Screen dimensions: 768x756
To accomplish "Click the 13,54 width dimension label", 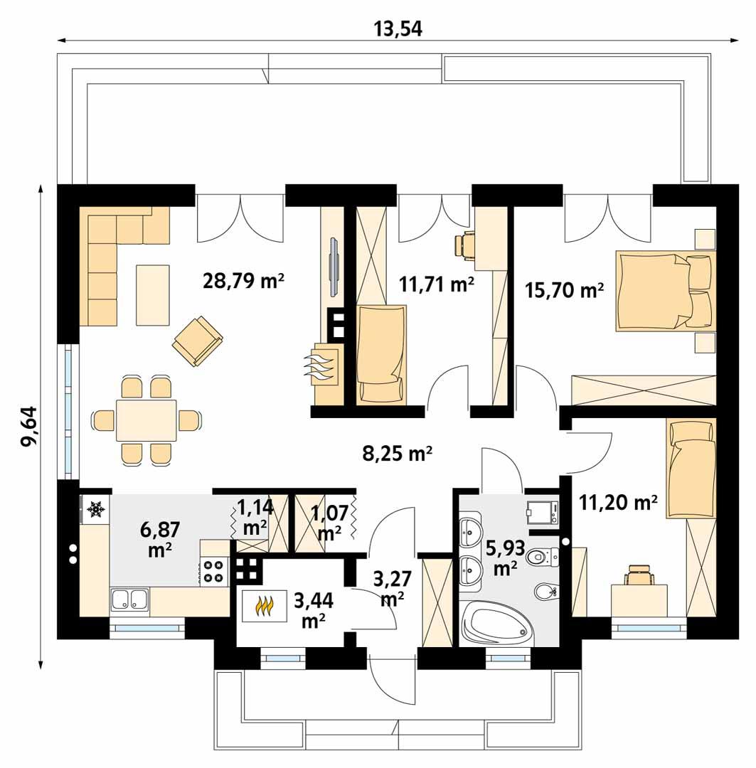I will pos(398,29).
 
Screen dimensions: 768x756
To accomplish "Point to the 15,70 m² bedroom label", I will pos(564,289).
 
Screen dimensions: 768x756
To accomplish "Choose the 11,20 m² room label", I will pos(617,503).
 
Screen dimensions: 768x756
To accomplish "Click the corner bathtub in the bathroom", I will pos(496,624).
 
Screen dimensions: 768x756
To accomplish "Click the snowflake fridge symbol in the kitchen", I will pos(95,509).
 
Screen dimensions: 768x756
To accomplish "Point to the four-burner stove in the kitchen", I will pos(213,570).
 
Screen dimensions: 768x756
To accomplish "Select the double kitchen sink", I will pos(129,601).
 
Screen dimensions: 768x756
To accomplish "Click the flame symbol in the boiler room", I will pos(265,607).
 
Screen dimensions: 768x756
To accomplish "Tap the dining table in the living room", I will pos(147,420).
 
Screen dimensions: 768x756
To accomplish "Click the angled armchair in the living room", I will pos(197,341).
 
